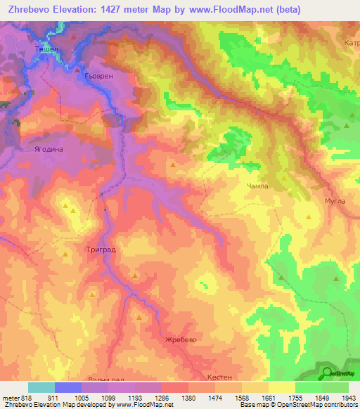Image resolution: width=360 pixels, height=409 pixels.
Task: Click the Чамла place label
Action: point(257,186)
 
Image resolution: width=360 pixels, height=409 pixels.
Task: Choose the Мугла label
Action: point(335,201)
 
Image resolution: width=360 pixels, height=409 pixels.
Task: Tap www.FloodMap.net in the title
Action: point(238,10)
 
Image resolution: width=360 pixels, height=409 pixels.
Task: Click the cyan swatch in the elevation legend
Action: point(41,387)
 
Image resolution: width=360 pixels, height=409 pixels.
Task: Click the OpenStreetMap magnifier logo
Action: point(326,374)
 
